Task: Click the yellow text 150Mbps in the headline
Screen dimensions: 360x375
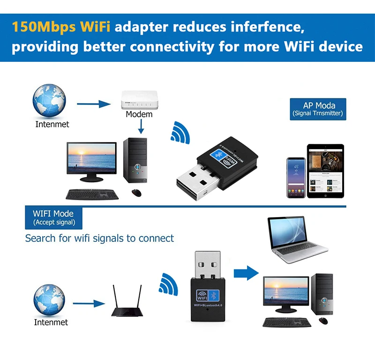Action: point(38,27)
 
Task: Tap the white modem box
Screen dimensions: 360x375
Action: point(139,100)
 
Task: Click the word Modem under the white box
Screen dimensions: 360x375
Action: point(139,114)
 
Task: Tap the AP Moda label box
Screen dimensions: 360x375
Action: point(318,109)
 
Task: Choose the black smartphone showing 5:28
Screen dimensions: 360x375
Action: point(296,177)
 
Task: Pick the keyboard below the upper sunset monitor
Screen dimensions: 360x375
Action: point(92,194)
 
